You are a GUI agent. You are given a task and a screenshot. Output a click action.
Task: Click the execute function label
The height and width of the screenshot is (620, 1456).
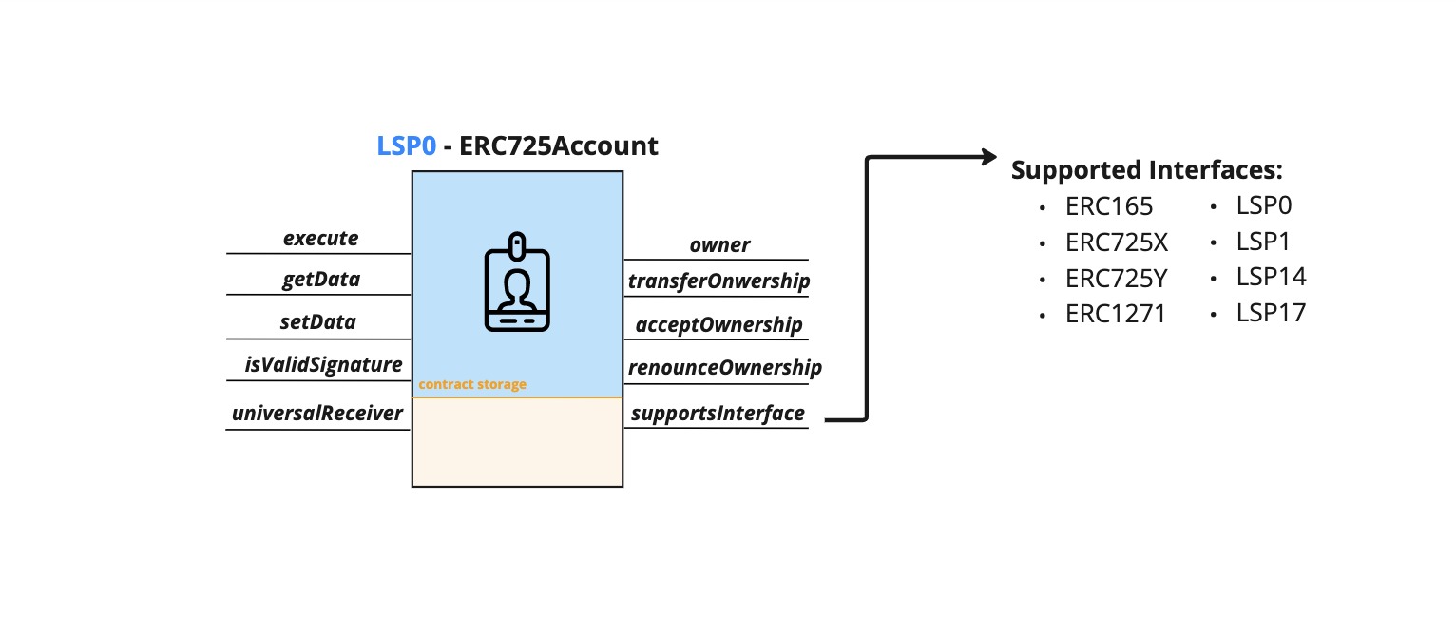[x=321, y=238]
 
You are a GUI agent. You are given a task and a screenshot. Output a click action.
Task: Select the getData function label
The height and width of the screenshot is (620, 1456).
[x=321, y=280]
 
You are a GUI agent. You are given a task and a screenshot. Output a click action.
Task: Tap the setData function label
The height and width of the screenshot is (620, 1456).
[x=318, y=321]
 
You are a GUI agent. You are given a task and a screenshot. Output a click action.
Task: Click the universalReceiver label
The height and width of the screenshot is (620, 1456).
[x=318, y=413]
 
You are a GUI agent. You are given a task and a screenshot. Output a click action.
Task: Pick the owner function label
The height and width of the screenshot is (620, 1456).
[x=719, y=244]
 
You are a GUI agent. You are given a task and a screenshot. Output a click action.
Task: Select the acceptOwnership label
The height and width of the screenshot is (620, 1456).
[x=719, y=324]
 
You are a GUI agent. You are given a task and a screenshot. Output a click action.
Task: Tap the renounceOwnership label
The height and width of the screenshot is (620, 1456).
[x=724, y=367]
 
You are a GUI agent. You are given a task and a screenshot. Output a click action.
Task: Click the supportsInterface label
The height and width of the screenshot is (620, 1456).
[x=718, y=413]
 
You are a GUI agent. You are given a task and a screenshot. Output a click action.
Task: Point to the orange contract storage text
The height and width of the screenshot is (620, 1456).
[x=472, y=384]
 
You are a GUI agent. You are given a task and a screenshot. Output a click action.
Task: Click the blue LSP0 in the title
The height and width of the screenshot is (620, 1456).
[x=407, y=146]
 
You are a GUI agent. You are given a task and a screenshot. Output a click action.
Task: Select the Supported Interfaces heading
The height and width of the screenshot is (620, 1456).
[x=1147, y=170]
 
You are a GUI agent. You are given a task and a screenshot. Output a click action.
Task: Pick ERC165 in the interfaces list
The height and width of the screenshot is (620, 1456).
[x=1109, y=206]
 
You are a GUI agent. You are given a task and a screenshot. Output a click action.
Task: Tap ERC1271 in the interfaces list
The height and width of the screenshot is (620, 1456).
[x=1116, y=314]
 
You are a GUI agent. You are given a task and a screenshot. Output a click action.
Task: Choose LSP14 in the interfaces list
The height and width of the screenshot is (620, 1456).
[x=1271, y=277]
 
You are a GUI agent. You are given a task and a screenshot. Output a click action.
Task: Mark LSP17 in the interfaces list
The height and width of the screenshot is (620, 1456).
[x=1271, y=312]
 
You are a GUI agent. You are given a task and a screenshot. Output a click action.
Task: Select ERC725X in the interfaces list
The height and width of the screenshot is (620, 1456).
[x=1117, y=242]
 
